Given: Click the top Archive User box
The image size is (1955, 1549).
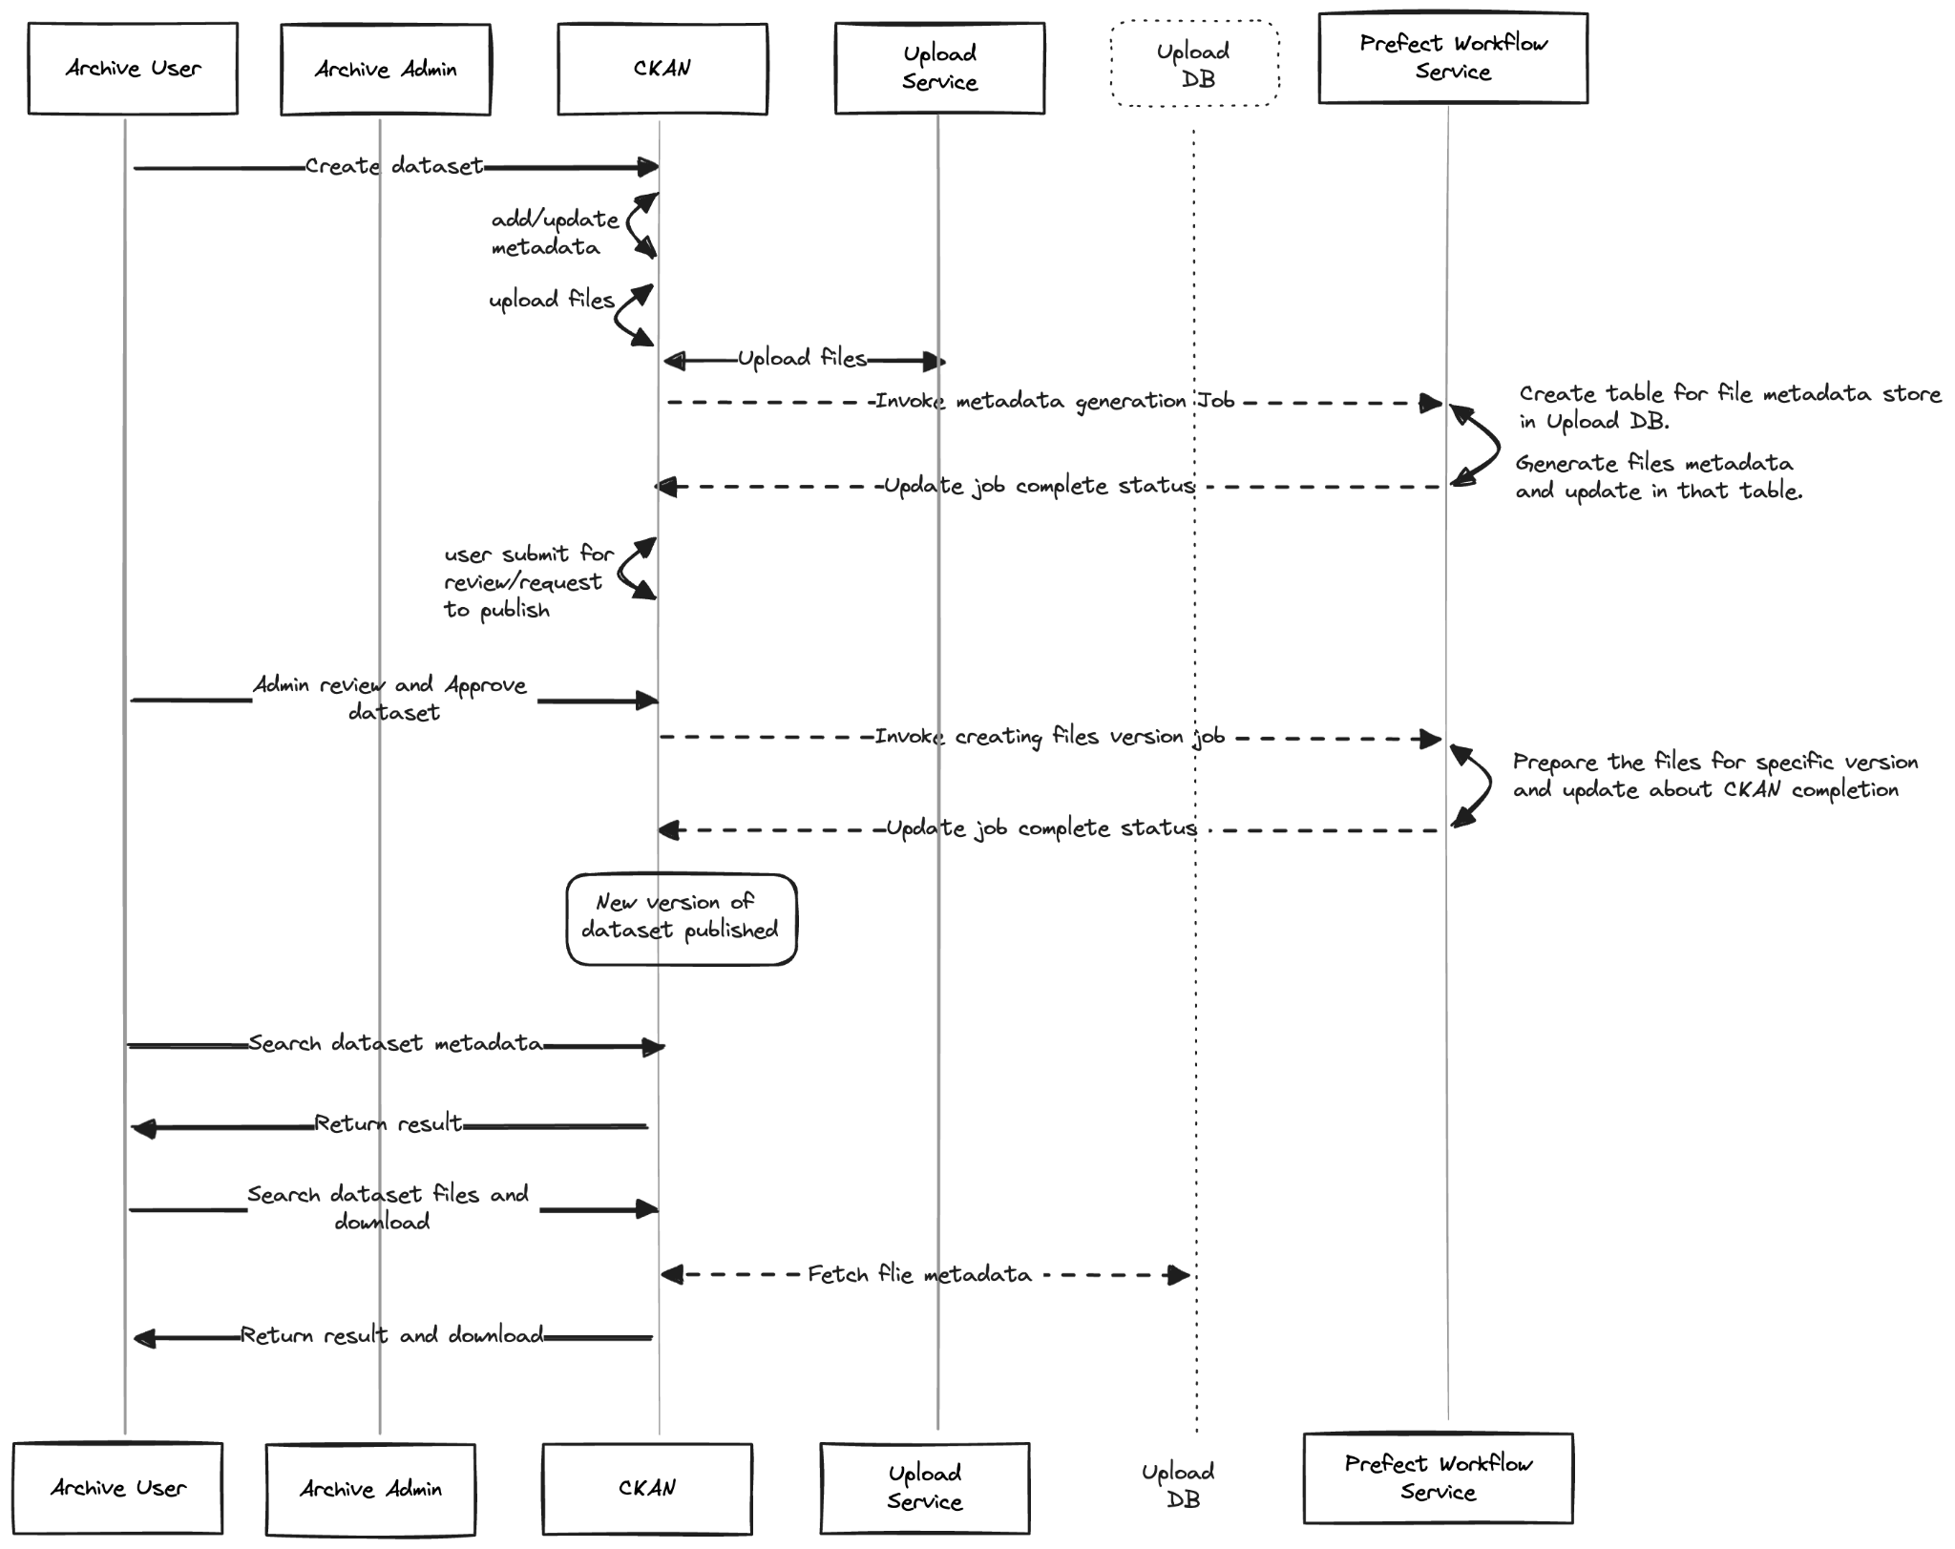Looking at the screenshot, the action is point(133,69).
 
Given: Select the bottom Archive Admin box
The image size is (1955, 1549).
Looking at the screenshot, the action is point(370,1489).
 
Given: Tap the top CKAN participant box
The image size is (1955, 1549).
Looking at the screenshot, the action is point(662,69).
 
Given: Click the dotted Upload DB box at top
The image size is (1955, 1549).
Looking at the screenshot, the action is point(1194,64).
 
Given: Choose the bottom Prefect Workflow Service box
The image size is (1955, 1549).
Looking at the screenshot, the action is point(1439,1478).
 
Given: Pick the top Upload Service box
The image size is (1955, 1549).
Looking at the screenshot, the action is point(939,69).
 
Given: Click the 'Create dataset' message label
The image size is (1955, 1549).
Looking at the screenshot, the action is point(394,166).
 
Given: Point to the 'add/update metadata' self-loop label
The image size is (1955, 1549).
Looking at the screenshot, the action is point(555,233).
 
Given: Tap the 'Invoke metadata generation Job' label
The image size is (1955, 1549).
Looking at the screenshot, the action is point(1055,401).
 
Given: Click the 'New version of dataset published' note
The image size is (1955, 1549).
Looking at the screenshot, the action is point(682,919).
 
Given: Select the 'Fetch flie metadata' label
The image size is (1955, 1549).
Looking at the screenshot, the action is point(919,1274).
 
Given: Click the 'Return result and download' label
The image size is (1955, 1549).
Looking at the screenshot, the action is point(391,1334).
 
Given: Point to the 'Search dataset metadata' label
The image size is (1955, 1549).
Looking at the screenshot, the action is point(395,1043).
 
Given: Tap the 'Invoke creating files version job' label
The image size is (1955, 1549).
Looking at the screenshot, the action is point(1049,737).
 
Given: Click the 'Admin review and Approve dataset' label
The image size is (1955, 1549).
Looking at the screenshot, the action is point(390,699).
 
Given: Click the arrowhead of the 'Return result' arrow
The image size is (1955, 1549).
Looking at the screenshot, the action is point(141,1129).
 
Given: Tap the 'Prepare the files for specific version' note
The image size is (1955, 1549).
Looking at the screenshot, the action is point(1715,776).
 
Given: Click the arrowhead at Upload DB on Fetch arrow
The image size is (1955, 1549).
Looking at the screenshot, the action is point(1180,1275).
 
